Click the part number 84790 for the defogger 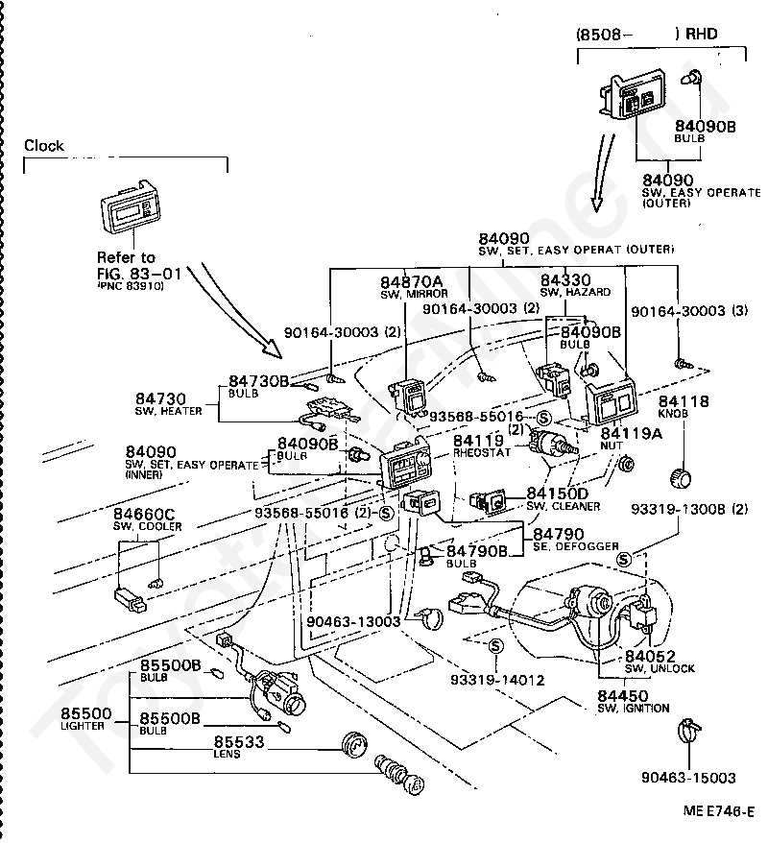[x=560, y=533]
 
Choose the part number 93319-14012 [x=497, y=680]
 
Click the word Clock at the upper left [x=44, y=146]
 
